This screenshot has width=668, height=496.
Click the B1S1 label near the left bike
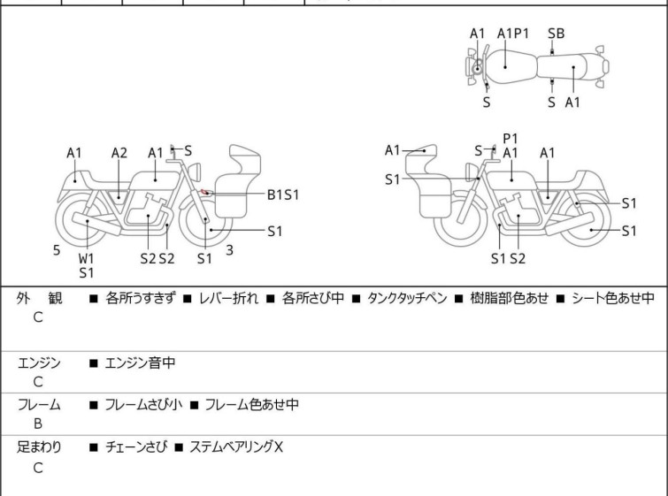(x=283, y=195)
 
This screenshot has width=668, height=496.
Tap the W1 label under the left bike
(x=86, y=258)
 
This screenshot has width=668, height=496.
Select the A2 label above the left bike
(x=119, y=153)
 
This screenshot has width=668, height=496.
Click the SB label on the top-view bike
(x=556, y=34)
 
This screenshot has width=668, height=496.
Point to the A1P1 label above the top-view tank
(x=513, y=34)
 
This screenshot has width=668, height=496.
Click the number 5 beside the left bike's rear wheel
(x=57, y=250)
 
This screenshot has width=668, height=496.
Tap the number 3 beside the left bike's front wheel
(x=230, y=250)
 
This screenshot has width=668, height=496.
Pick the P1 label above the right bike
(x=510, y=139)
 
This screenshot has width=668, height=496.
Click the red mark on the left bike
(x=204, y=193)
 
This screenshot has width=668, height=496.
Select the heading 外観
(x=39, y=299)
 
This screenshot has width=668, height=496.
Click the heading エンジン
(x=39, y=363)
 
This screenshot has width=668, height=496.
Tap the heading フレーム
(x=39, y=405)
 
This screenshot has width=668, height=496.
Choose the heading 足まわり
(x=39, y=447)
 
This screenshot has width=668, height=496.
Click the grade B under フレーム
(x=38, y=424)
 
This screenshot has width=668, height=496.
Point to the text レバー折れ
(x=228, y=298)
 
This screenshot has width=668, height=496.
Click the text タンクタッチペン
(x=407, y=298)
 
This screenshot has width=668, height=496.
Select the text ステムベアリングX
(x=236, y=447)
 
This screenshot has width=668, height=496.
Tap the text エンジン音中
(x=140, y=363)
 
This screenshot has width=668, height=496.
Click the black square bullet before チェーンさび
(x=94, y=447)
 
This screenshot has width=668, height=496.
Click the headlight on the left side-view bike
(x=195, y=172)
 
